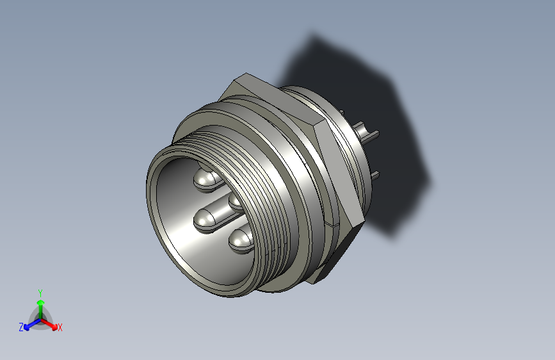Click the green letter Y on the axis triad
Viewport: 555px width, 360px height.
pyautogui.click(x=40, y=291)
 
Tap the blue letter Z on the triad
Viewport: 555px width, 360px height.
pyautogui.click(x=21, y=327)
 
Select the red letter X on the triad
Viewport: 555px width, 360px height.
pyautogui.click(x=60, y=328)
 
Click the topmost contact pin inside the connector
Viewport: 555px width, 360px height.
pyautogui.click(x=207, y=180)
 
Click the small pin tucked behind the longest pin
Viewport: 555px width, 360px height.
pyautogui.click(x=235, y=201)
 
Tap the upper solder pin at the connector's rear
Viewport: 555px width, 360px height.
pyautogui.click(x=369, y=135)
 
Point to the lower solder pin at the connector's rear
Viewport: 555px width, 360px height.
pyautogui.click(x=375, y=174)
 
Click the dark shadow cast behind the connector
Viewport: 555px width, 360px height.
pyautogui.click(x=358, y=83)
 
